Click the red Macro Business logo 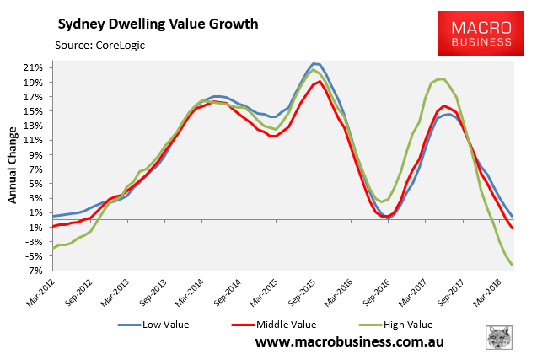pyautogui.click(x=475, y=34)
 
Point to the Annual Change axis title pyautogui.click(x=14, y=164)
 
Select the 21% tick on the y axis pyautogui.click(x=35, y=67)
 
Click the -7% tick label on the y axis pyautogui.click(x=35, y=270)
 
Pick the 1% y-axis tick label pyautogui.click(x=37, y=212)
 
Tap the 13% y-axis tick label pyautogui.click(x=35, y=126)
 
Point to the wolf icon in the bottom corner pyautogui.click(x=502, y=338)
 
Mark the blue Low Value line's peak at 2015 pyautogui.click(x=314, y=63)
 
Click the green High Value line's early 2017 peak pyautogui.click(x=443, y=78)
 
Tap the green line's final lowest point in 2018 pyautogui.click(x=513, y=266)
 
